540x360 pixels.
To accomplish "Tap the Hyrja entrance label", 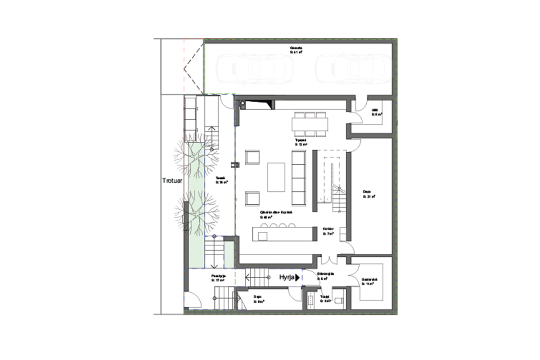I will (286, 278).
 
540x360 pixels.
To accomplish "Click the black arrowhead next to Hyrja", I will (297, 278).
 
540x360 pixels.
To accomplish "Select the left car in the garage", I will (254, 70).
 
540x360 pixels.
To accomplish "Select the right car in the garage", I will (353, 70).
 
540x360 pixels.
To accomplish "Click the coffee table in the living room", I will (276, 177).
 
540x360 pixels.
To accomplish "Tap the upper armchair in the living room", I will (253, 157).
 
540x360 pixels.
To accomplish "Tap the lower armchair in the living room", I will (253, 198).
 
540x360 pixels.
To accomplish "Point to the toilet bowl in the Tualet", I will (340, 299).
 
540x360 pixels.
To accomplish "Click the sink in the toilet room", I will (310, 300).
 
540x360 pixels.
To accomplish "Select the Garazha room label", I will (296, 49).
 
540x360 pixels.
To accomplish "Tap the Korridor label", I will (328, 231).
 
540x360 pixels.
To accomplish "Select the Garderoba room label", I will (369, 282).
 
